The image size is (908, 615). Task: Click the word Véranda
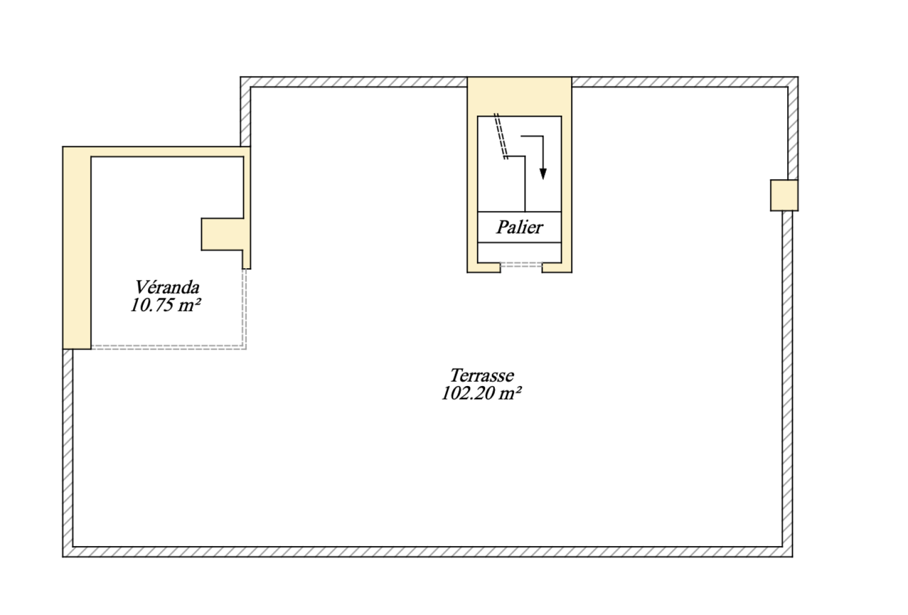tap(167, 286)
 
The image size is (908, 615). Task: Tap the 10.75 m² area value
tap(166, 306)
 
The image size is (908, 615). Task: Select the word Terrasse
tap(482, 376)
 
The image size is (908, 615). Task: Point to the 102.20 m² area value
tap(482, 394)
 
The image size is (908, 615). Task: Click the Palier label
tap(519, 227)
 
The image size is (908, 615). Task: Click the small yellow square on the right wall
tap(784, 195)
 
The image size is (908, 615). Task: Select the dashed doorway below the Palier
tap(521, 265)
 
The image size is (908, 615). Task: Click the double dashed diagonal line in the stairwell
tap(501, 137)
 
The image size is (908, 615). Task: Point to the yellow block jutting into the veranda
tap(223, 234)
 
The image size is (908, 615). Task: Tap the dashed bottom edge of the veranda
tap(168, 346)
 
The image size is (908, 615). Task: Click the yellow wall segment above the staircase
tap(519, 96)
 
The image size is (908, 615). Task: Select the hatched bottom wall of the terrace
tap(427, 551)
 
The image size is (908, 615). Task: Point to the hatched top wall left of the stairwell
tap(359, 82)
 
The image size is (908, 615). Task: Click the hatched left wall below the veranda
tap(68, 450)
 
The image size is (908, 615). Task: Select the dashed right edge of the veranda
tap(245, 307)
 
